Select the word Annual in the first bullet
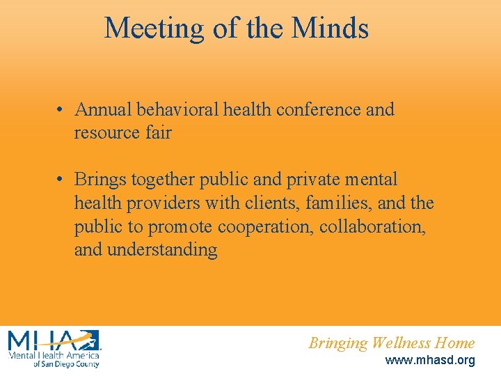(x=104, y=110)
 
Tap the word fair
(x=159, y=133)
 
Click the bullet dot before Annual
(x=62, y=110)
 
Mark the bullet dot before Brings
(x=62, y=180)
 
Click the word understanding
(x=162, y=250)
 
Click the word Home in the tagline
(x=455, y=343)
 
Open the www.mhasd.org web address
(x=429, y=361)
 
